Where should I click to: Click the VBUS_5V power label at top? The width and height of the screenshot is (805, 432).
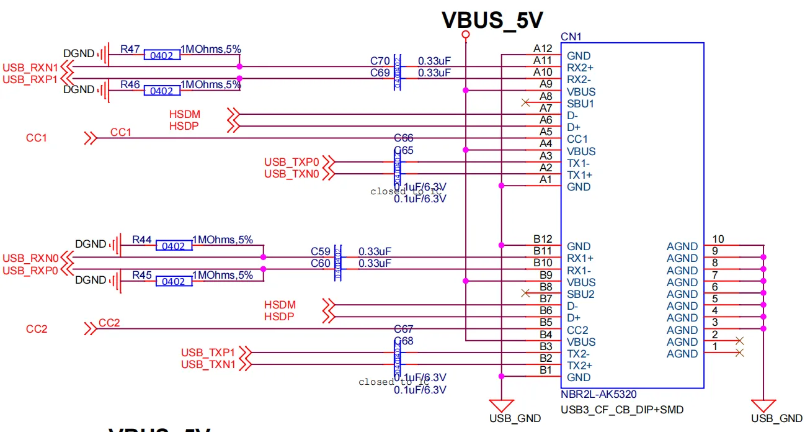click(492, 20)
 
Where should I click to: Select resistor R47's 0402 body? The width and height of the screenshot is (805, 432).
click(162, 55)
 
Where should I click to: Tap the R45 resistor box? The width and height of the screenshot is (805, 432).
click(174, 282)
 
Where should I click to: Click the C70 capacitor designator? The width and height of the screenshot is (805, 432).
click(380, 61)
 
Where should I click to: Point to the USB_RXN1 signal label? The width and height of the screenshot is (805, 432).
click(30, 67)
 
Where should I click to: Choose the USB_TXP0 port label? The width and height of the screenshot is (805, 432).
click(291, 163)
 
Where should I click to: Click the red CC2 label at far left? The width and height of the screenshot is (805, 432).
click(37, 329)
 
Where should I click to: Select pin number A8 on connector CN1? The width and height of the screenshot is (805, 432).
click(546, 96)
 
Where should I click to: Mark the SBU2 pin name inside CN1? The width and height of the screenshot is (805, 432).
click(581, 294)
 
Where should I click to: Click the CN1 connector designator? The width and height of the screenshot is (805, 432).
click(571, 37)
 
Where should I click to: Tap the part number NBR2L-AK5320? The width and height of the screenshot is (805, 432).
click(598, 394)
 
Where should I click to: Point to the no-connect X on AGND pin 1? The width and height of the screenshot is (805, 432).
click(739, 353)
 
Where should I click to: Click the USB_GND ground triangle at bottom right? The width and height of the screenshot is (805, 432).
click(763, 404)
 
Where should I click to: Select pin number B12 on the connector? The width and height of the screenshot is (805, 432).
click(543, 239)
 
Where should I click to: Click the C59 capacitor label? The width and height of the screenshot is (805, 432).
click(321, 252)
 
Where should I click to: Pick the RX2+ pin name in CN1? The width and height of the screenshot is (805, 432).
click(581, 68)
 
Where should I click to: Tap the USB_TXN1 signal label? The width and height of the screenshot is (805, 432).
click(208, 365)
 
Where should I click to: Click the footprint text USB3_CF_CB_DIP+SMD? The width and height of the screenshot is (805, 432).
click(612, 410)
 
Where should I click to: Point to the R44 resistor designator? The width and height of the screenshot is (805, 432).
click(142, 240)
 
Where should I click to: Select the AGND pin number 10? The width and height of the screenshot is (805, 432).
click(718, 239)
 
